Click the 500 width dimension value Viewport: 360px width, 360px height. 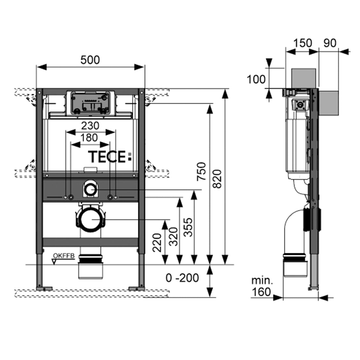pyautogui.click(x=90, y=60)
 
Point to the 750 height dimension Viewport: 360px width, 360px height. pyautogui.click(x=202, y=171)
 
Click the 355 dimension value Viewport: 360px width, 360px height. pyautogui.click(x=189, y=227)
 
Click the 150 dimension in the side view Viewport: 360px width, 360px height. pyautogui.click(x=302, y=43)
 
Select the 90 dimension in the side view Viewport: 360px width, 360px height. pyautogui.click(x=330, y=43)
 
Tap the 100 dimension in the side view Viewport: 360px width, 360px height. pyautogui.click(x=256, y=79)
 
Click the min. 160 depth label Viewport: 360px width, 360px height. pyautogui.click(x=262, y=286)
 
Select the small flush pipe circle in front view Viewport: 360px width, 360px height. pyautogui.click(x=91, y=190)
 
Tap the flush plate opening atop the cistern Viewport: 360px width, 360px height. pyautogui.click(x=89, y=103)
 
